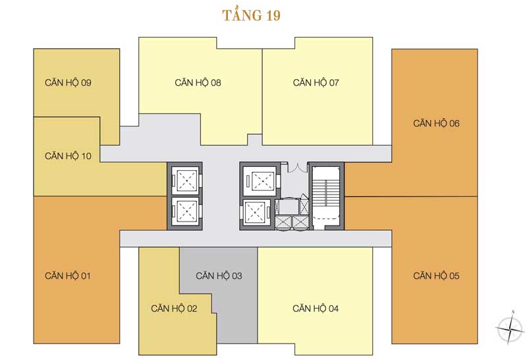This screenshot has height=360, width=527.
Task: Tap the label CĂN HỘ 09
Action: pyautogui.click(x=68, y=83)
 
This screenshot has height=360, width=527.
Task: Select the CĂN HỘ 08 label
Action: pyautogui.click(x=198, y=83)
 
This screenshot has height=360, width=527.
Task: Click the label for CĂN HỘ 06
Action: pyautogui.click(x=436, y=123)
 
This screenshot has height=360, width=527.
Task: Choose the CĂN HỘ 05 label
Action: pyautogui.click(x=436, y=276)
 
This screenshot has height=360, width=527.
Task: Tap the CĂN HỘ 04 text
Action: pyautogui.click(x=316, y=309)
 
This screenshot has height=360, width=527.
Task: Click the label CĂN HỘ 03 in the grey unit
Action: pyautogui.click(x=219, y=276)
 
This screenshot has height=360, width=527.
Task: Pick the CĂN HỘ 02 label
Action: pyautogui.click(x=174, y=309)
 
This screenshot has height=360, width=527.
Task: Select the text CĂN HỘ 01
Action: pyautogui.click(x=68, y=276)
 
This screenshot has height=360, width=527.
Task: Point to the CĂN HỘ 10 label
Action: pyautogui.click(x=68, y=156)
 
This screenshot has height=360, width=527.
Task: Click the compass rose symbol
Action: pyautogui.click(x=510, y=328)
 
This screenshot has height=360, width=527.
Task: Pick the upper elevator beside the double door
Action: pyautogui.click(x=257, y=179)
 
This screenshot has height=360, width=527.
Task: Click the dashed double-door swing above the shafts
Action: pyautogui.click(x=295, y=166)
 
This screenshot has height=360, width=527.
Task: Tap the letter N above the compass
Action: pyautogui.click(x=512, y=311)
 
